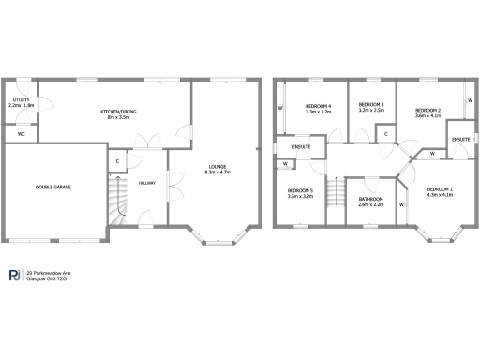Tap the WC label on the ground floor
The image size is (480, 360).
(21, 133)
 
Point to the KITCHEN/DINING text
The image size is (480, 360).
(119, 112)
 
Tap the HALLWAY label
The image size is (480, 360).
(147, 183)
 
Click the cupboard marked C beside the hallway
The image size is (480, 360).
(117, 161)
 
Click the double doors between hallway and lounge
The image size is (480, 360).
(169, 186)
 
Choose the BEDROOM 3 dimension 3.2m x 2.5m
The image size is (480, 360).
(372, 111)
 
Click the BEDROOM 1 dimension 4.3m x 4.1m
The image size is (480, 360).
(440, 195)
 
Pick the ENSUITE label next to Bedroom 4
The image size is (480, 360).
(302, 147)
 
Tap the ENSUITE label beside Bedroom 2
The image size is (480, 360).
(460, 139)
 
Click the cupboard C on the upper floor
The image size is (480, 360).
(387, 135)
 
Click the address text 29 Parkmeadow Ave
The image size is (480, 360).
(49, 272)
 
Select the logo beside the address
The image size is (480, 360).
(14, 275)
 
